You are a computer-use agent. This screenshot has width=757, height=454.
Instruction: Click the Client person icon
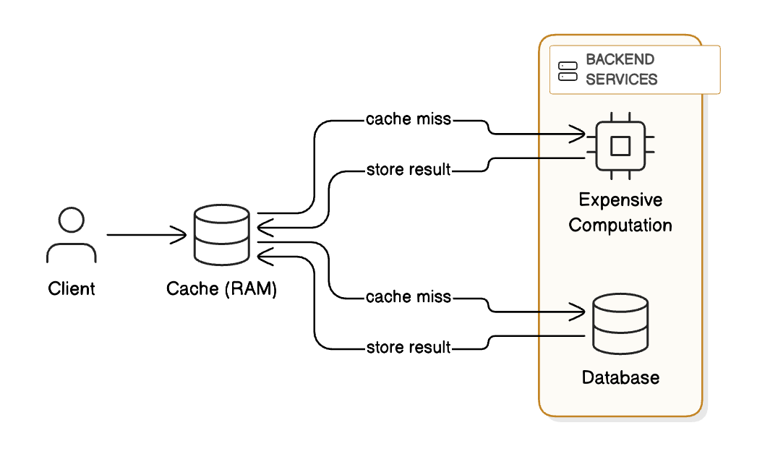pos(71,235)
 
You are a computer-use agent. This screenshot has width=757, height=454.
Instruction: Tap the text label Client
pos(72,289)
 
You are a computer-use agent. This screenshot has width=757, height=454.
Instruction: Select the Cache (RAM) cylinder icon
pos(222,235)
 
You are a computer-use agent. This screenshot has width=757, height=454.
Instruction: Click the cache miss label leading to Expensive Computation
pos(409,119)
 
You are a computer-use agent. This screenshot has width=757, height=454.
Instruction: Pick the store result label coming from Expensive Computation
pos(409,170)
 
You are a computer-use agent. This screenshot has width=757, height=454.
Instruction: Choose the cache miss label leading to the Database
pos(409,296)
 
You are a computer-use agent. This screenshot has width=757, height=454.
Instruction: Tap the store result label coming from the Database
pos(409,348)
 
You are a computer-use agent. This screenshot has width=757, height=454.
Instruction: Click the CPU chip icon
pos(620,146)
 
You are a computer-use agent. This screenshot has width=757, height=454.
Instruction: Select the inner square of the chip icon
pos(620,146)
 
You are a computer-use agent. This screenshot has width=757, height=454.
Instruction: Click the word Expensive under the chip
pos(620,200)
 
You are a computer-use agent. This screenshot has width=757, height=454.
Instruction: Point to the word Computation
pos(620,225)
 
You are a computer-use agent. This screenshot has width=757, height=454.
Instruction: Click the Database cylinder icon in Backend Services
pos(620,324)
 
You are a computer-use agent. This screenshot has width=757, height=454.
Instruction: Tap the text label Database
pos(620,377)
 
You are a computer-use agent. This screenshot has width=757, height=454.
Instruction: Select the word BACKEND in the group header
pos(620,59)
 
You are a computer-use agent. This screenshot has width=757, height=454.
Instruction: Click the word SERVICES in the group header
pos(621,80)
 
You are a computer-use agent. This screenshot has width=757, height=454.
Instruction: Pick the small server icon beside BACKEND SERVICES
pos(568,70)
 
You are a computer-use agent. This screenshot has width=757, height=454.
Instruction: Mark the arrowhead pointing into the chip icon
pos(578,134)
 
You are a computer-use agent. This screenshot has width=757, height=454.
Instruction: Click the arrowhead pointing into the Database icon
pos(578,312)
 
